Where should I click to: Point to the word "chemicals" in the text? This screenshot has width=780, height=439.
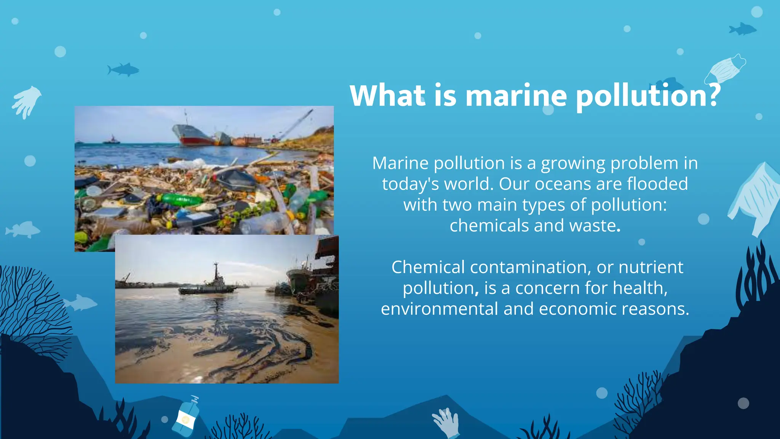point(489,226)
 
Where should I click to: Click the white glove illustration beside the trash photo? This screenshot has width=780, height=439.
point(26,101)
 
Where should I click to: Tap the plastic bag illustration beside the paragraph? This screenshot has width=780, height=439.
point(755,198)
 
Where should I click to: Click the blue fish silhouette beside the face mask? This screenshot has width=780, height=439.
point(743,29)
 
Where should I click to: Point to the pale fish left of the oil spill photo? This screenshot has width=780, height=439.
point(80,303)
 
